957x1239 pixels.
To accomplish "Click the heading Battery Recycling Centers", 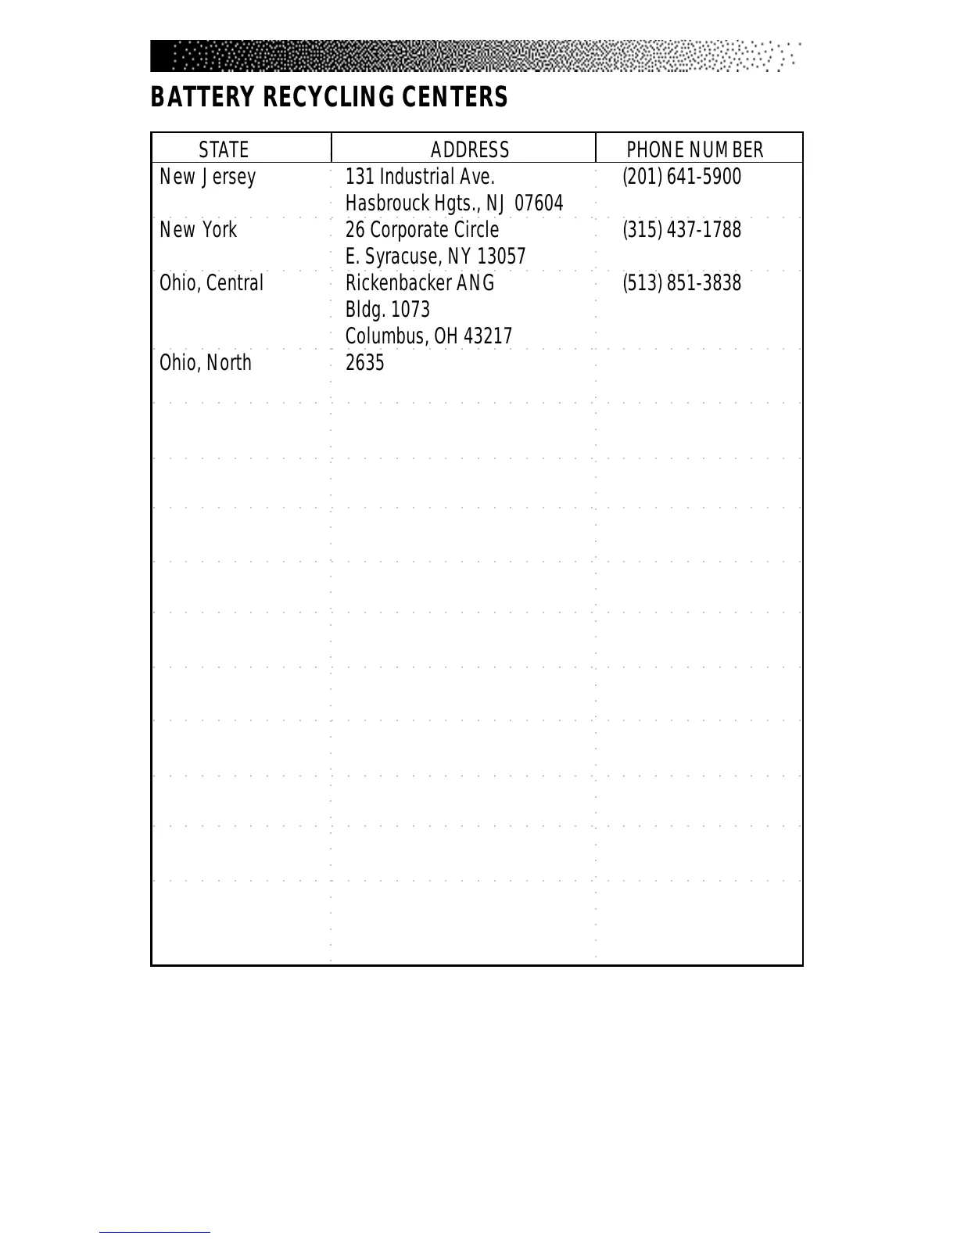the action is tap(328, 98).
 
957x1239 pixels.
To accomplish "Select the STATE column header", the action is tap(224, 149).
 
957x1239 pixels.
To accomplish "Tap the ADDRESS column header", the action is tap(469, 149).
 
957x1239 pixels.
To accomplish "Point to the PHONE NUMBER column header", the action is tap(694, 149).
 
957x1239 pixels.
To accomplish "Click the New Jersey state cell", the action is tap(207, 178).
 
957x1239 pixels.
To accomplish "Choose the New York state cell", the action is tap(198, 230).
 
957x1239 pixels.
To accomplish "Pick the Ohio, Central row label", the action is tap(211, 283).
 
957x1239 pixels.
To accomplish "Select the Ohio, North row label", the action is tap(205, 363).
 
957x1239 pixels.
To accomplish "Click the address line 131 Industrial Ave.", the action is tap(420, 177).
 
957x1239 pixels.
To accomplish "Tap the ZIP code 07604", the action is tap(539, 203).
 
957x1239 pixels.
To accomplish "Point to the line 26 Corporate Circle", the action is tap(421, 230).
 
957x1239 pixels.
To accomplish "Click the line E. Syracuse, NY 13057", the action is tap(435, 257).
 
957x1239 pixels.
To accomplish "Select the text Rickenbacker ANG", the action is tap(420, 283).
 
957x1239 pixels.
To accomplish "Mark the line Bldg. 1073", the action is tap(387, 310).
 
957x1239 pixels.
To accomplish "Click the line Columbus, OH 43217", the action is tap(428, 336).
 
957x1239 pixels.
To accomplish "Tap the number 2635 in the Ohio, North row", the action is tap(364, 363).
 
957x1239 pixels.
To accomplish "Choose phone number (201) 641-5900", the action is tap(681, 177).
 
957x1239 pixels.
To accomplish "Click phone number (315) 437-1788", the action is tap(681, 230).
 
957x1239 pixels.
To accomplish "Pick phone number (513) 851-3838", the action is tap(681, 283).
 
